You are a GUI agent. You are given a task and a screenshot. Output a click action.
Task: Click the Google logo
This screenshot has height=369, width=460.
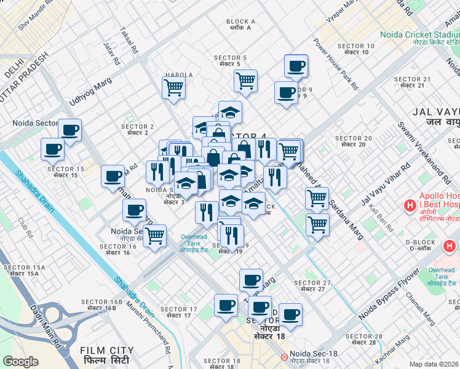[20, 362]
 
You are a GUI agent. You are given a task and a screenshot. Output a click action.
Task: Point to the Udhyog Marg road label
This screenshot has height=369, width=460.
[91, 90]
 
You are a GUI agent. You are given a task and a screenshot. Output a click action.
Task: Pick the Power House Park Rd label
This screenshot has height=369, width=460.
[335, 63]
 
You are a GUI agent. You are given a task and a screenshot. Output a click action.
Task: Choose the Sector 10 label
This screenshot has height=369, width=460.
[356, 49]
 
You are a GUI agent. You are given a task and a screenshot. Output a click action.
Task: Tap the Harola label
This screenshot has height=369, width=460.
[178, 75]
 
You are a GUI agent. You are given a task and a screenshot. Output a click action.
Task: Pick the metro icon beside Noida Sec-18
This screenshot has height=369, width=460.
[284, 356]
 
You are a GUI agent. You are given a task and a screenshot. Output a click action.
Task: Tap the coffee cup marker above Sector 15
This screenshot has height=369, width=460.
[53, 149]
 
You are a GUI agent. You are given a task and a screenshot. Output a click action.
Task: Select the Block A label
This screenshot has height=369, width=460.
[240, 25]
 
